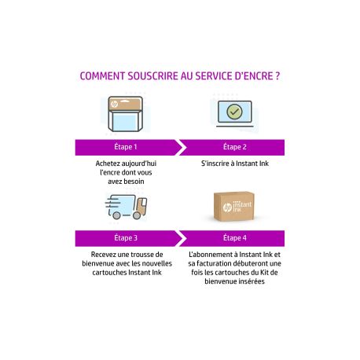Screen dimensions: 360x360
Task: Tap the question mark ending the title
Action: (x=277, y=76)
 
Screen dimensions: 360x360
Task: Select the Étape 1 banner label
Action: (x=126, y=147)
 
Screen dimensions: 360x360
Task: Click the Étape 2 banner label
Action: (x=235, y=147)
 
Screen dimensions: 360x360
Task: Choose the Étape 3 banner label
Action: (x=126, y=237)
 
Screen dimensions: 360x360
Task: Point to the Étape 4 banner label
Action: (x=235, y=237)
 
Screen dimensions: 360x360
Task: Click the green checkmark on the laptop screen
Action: (x=234, y=112)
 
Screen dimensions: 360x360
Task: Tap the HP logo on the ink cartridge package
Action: (x=115, y=105)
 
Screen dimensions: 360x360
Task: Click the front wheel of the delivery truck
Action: (x=137, y=215)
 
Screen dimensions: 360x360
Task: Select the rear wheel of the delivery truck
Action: (x=116, y=215)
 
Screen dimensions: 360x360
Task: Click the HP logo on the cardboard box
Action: (x=227, y=208)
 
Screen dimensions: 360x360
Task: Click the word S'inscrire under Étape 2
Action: (x=213, y=163)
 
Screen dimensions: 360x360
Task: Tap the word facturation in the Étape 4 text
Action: (x=214, y=263)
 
